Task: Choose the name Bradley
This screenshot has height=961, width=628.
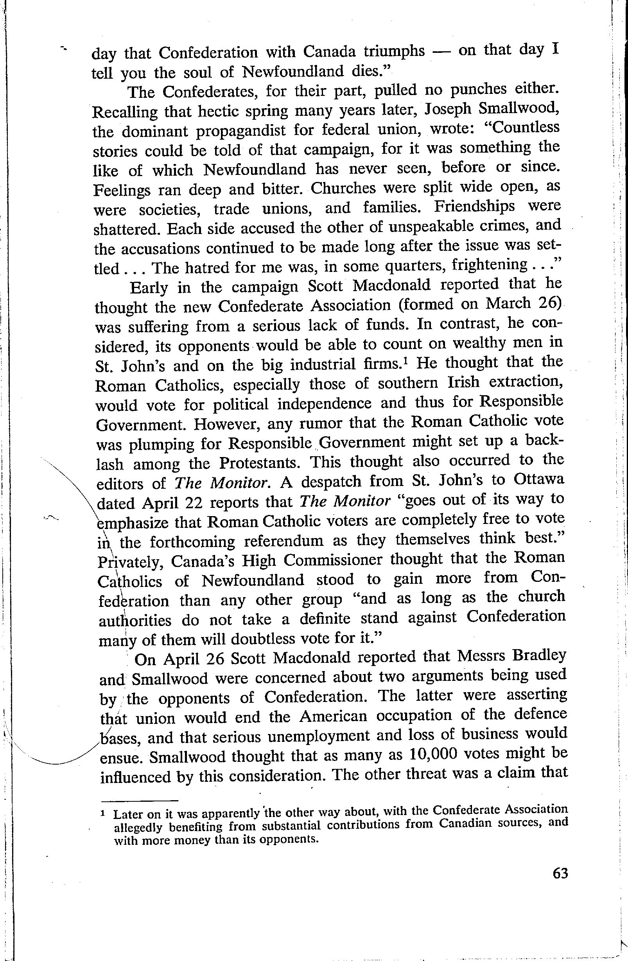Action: (x=538, y=656)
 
